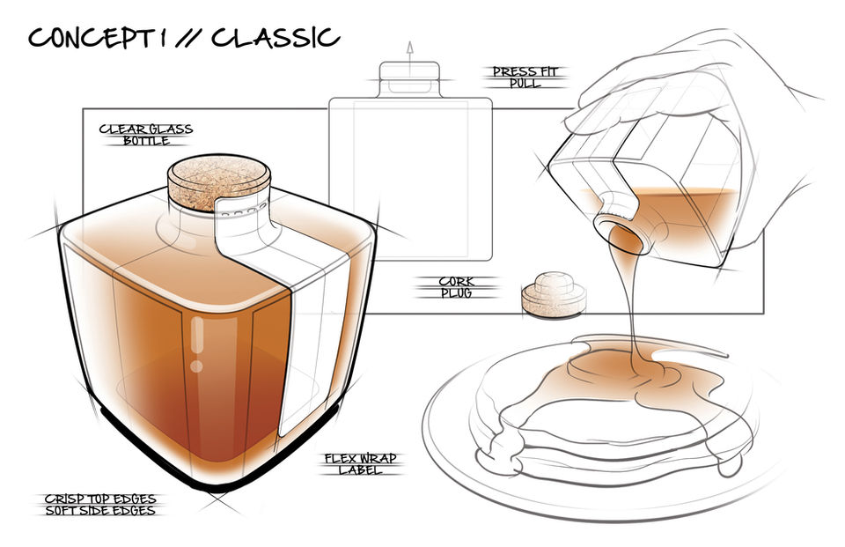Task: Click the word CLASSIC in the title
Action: pyautogui.click(x=275, y=38)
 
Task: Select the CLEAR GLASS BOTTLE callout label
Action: pyautogui.click(x=146, y=135)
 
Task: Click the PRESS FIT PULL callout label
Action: pyautogui.click(x=525, y=78)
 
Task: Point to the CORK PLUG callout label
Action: pyautogui.click(x=456, y=287)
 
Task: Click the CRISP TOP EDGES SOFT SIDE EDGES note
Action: pyautogui.click(x=100, y=505)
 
